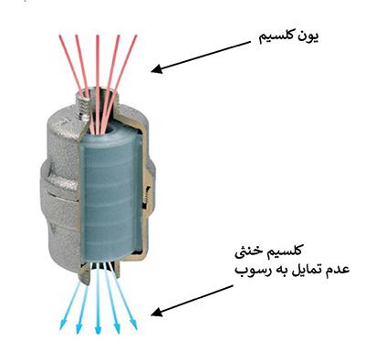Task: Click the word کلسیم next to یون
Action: pyautogui.click(x=277, y=39)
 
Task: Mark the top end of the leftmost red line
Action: pyautogui.click(x=59, y=36)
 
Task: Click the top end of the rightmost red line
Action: pyautogui.click(x=137, y=36)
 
